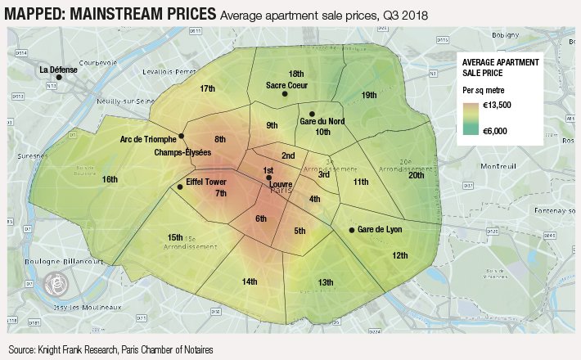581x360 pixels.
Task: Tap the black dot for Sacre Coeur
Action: (x=285, y=94)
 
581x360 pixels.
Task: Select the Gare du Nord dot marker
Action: (x=312, y=114)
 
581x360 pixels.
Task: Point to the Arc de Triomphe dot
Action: (x=181, y=136)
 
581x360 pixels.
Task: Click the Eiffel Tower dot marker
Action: (x=180, y=187)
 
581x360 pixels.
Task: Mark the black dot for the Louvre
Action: (x=268, y=178)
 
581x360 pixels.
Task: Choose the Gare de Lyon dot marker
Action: (x=351, y=230)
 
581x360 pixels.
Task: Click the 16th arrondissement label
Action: (x=110, y=179)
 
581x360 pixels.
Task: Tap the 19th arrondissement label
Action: (x=369, y=95)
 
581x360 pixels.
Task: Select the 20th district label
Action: (x=417, y=175)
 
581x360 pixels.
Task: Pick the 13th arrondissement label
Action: (x=326, y=282)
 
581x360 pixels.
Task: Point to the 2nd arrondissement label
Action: (x=288, y=155)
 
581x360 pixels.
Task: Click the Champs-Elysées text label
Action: (x=182, y=153)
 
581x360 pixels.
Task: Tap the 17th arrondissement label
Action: (x=207, y=88)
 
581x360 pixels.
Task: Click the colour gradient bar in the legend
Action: (x=470, y=118)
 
